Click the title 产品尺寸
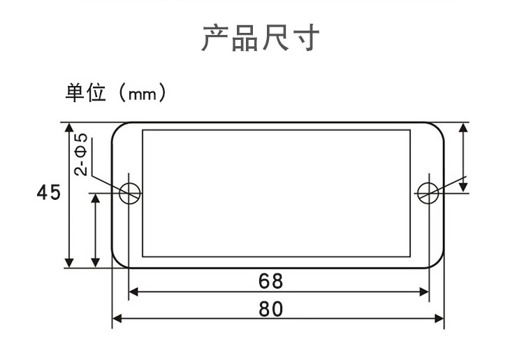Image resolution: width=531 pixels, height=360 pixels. pyautogui.click(x=260, y=38)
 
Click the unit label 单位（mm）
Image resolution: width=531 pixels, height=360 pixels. pyautogui.click(x=116, y=94)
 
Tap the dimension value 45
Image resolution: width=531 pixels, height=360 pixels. pyautogui.click(x=49, y=193)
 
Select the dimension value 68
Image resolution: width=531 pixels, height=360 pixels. pyautogui.click(x=270, y=281)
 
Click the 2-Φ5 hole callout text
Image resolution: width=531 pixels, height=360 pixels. pyautogui.click(x=82, y=154)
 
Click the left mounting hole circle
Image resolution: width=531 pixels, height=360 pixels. pyautogui.click(x=129, y=193)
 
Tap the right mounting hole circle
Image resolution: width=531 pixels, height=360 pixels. pyautogui.click(x=428, y=193)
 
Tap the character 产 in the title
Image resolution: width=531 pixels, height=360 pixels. pyautogui.click(x=214, y=38)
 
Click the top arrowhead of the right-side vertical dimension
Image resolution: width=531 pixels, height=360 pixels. pyautogui.click(x=463, y=128)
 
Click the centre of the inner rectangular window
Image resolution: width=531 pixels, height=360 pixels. pyautogui.click(x=277, y=193)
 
